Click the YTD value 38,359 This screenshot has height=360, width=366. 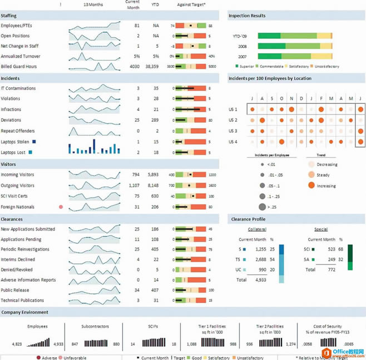tap(151, 66)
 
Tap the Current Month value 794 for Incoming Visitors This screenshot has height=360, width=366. tap(135, 174)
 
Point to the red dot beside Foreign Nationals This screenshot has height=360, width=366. tap(61, 207)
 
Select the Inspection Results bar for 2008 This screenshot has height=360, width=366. tap(294, 46)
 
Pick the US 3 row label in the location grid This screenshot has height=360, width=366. tap(233, 131)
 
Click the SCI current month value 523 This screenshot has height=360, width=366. tap(332, 249)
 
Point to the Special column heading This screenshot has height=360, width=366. tap(320, 228)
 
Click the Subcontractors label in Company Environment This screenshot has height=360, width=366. tap(95, 326)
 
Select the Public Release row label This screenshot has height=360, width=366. tap(16, 290)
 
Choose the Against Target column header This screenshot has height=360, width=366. tap(191, 4)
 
